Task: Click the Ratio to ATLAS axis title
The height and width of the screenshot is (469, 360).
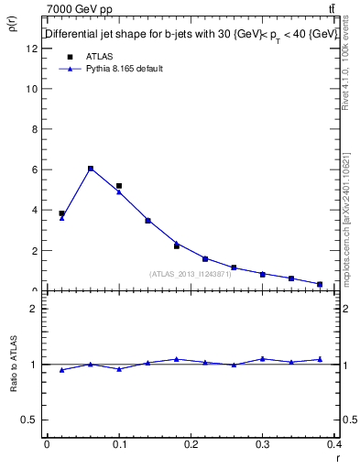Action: [13, 365]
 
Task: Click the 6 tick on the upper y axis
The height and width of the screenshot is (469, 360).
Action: [34, 169]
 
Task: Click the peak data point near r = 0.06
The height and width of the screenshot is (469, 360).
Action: [90, 169]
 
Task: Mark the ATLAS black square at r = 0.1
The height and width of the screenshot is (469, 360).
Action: [119, 186]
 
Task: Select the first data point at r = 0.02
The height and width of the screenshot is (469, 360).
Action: [61, 213]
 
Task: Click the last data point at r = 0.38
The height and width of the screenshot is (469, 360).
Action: [320, 284]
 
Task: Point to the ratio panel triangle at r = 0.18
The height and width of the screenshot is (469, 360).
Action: [177, 359]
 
